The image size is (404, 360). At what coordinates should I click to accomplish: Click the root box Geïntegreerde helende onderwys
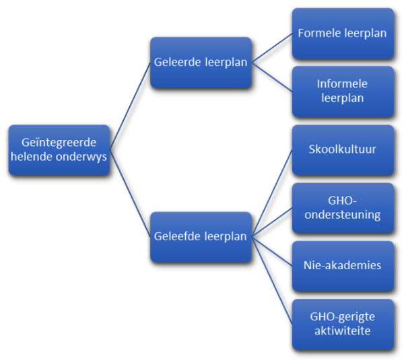(59, 150)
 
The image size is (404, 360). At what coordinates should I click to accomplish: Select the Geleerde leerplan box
(201, 63)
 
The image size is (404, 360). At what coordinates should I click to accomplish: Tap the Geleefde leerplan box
(201, 237)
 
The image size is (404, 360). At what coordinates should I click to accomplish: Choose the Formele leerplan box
(343, 33)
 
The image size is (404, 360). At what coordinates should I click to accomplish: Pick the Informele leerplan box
(343, 91)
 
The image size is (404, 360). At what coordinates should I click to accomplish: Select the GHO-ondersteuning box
(343, 208)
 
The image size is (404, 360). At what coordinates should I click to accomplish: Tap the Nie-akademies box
(343, 265)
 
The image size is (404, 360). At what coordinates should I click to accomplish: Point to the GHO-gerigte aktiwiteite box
(343, 324)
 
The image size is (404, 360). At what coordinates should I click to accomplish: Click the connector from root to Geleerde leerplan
(129, 106)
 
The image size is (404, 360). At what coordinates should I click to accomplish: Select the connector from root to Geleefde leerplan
(129, 193)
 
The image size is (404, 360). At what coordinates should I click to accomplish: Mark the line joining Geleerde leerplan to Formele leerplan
(271, 48)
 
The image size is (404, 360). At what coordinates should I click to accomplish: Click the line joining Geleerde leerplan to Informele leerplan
(271, 77)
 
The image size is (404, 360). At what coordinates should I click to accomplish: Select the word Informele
(343, 84)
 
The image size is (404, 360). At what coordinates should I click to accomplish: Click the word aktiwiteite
(343, 330)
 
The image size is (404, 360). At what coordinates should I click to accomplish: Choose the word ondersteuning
(343, 215)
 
